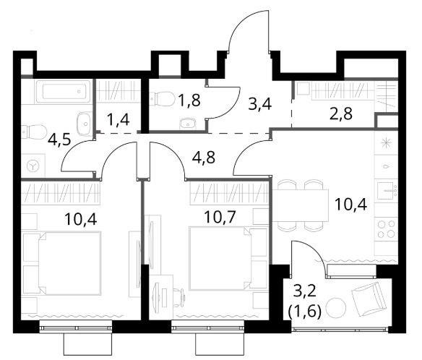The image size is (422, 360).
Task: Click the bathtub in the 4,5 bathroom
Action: point(64,92)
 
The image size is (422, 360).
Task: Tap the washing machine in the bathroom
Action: point(33,166)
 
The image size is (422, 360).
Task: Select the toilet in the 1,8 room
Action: point(162,99)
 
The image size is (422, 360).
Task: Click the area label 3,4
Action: point(260,104)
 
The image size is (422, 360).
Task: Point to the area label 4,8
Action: point(204,158)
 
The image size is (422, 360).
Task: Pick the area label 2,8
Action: point(341,114)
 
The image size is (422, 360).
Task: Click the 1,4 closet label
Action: point(118,120)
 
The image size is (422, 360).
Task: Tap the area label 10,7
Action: point(220,217)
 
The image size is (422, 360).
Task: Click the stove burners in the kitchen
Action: point(386,229)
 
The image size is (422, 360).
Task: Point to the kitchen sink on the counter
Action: point(387,191)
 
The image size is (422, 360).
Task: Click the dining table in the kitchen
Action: point(301,205)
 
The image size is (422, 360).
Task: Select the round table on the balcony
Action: point(336,308)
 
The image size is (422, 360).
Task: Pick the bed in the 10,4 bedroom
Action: point(62,263)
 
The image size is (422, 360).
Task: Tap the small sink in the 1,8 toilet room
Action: point(189,124)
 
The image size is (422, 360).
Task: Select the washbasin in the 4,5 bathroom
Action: point(85,124)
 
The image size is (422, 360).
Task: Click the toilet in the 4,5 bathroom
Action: point(34,131)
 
